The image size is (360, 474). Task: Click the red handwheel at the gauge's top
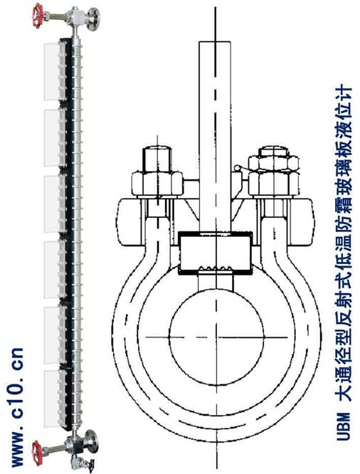(38, 16)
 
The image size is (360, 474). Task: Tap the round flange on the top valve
(93, 19)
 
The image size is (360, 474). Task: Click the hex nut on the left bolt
(157, 184)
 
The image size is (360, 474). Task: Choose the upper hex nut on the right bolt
(273, 162)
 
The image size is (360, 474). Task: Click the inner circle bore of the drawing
(216, 336)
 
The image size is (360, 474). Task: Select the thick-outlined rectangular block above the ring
(216, 253)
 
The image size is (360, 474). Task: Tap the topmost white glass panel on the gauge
(52, 72)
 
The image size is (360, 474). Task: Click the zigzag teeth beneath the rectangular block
(216, 268)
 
